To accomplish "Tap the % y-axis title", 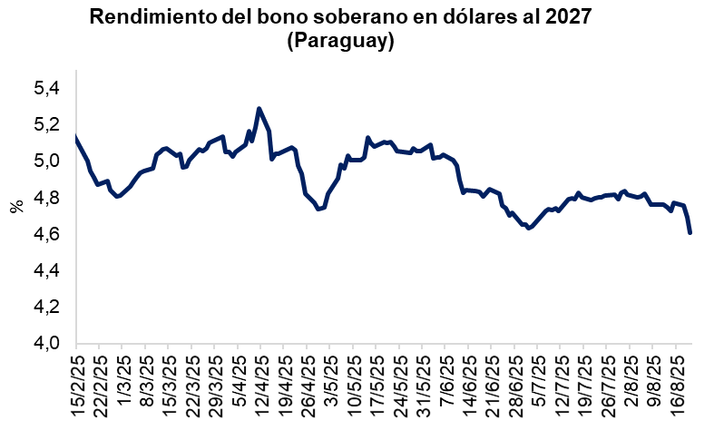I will [x=16, y=207].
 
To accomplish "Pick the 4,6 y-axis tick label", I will [x=45, y=234].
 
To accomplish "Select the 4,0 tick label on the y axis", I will [x=45, y=344].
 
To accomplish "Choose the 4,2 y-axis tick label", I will [x=45, y=308].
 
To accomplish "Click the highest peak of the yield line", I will [x=259, y=108].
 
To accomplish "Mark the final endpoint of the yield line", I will [x=690, y=233].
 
